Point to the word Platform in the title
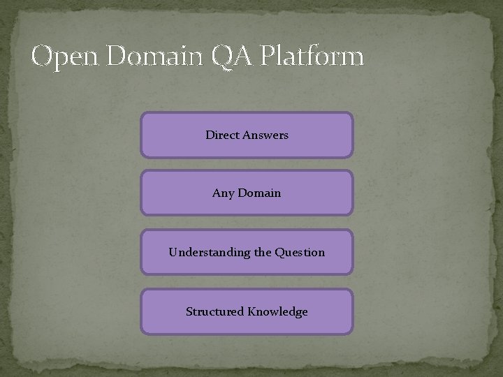pyautogui.click(x=311, y=56)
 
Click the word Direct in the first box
pyautogui.click(x=222, y=135)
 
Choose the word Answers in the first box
pyautogui.click(x=265, y=135)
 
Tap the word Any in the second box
pyautogui.click(x=223, y=193)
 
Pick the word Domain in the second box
pyautogui.click(x=259, y=193)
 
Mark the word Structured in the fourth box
pyautogui.click(x=214, y=312)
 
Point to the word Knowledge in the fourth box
pyautogui.click(x=277, y=312)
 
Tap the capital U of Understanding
pyautogui.click(x=173, y=252)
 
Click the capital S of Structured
pyautogui.click(x=189, y=311)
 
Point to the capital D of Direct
pyautogui.click(x=210, y=135)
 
